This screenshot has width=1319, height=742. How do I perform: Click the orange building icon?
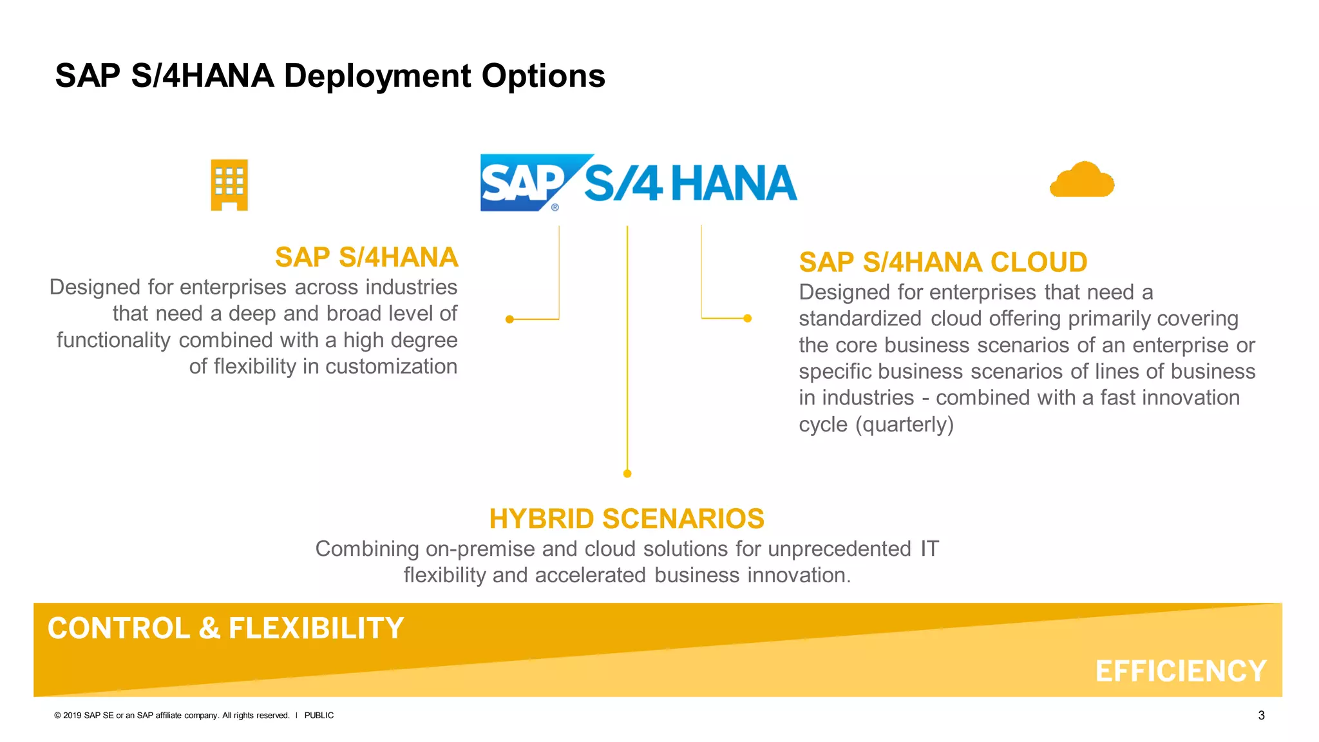pyautogui.click(x=229, y=185)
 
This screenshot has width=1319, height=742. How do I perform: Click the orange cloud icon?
pyautogui.click(x=1082, y=180)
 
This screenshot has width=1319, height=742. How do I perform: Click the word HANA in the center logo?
pyautogui.click(x=734, y=184)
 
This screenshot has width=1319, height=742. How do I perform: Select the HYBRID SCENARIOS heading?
pyautogui.click(x=626, y=518)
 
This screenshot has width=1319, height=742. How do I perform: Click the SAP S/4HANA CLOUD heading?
pyautogui.click(x=943, y=262)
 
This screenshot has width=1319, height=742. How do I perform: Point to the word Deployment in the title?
pyautogui.click(x=378, y=76)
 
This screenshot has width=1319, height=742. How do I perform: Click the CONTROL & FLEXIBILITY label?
pyautogui.click(x=225, y=628)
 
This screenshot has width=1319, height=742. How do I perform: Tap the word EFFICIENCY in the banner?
pyautogui.click(x=1180, y=671)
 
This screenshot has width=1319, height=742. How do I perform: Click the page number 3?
pyautogui.click(x=1261, y=716)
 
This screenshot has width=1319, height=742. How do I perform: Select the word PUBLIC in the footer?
pyautogui.click(x=319, y=716)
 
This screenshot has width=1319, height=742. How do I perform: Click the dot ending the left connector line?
pyautogui.click(x=509, y=319)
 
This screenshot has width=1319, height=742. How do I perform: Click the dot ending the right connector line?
pyautogui.click(x=747, y=318)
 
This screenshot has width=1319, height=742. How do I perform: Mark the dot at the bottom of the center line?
pyautogui.click(x=627, y=473)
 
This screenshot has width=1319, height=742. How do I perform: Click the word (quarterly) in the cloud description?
pyautogui.click(x=904, y=424)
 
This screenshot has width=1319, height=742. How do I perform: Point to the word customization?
pyautogui.click(x=391, y=366)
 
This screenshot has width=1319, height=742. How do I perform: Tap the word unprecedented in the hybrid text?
pyautogui.click(x=839, y=549)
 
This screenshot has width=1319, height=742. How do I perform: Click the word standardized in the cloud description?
pyautogui.click(x=860, y=319)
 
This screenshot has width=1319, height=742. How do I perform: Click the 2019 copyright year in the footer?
pyautogui.click(x=72, y=716)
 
